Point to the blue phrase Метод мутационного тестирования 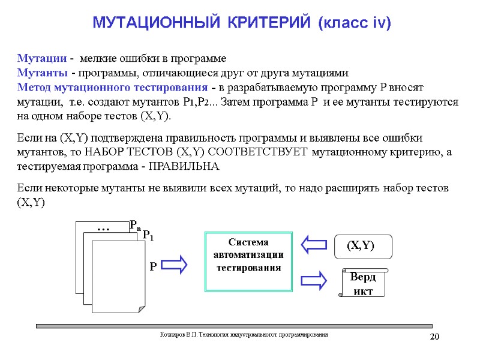(106, 87)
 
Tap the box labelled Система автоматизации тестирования (248, 262)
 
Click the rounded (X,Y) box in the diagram (362, 245)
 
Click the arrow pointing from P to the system (175, 265)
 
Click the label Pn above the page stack (135, 226)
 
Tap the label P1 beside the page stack (148, 236)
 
